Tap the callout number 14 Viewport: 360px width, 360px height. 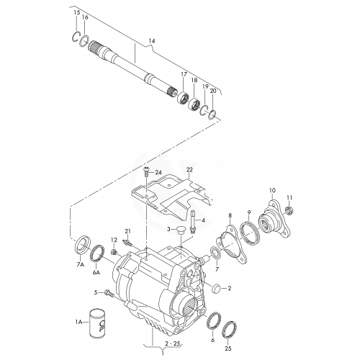(x=152, y=41)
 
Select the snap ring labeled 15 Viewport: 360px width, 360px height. (x=76, y=37)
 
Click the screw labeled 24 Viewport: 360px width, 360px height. (x=146, y=172)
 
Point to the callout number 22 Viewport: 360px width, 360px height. (x=189, y=170)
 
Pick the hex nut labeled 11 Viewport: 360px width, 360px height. (x=289, y=211)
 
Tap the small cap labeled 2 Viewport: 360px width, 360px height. (x=217, y=288)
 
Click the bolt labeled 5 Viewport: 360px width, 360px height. (x=109, y=293)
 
